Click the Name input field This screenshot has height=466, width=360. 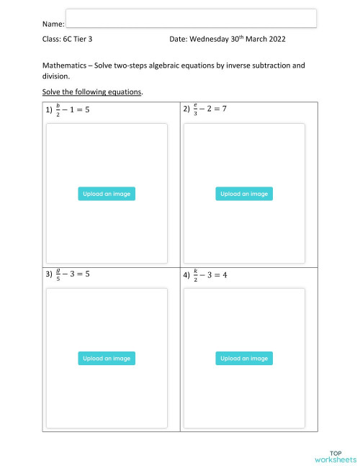pos(191,18)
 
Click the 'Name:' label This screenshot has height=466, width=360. pos(53,24)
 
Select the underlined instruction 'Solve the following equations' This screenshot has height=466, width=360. pos(92,91)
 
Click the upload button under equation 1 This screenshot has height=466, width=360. pos(107,194)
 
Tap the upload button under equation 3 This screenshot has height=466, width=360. pos(107,359)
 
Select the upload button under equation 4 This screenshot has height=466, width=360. pos(244,359)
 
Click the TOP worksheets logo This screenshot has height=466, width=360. pos(335,454)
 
